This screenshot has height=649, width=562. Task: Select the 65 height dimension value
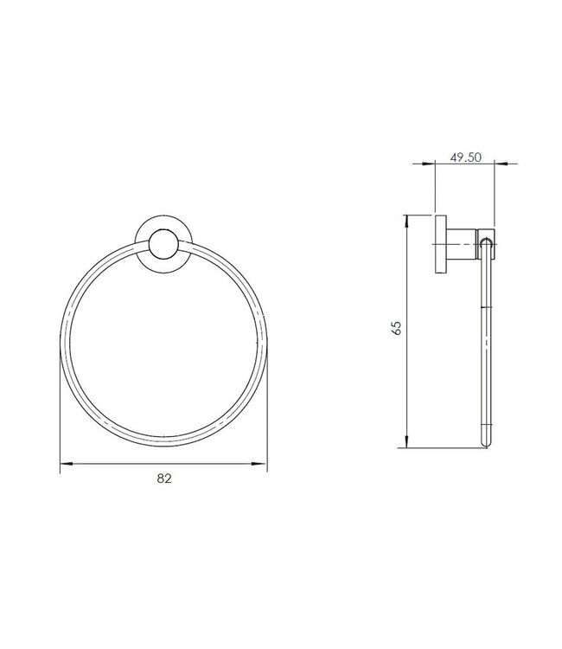pyautogui.click(x=397, y=328)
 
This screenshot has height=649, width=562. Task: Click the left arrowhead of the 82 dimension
pyautogui.click(x=64, y=465)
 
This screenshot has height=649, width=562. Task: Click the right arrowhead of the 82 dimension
pyautogui.click(x=262, y=465)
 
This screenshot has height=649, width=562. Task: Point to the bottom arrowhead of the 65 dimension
pyautogui.click(x=405, y=442)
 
